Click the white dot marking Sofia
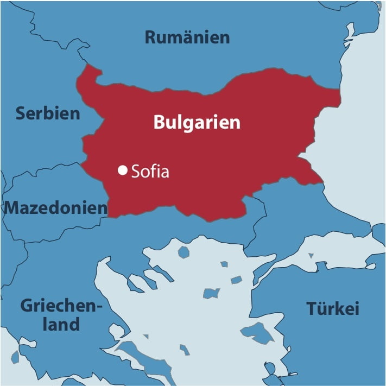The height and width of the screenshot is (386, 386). [x=122, y=170]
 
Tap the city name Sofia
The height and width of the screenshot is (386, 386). [x=150, y=172]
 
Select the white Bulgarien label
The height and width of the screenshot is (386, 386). [x=197, y=122]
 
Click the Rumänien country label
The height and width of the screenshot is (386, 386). [x=187, y=37]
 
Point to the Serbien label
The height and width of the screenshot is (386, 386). [x=48, y=113]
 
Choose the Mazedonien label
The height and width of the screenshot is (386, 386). [x=56, y=207]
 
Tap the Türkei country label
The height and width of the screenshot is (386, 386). [x=333, y=308]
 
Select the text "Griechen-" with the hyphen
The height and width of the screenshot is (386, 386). [x=61, y=305]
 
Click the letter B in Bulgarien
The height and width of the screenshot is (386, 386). [x=159, y=122]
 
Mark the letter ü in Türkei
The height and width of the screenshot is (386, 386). [x=320, y=308]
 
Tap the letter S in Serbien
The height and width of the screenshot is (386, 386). [x=21, y=113]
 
